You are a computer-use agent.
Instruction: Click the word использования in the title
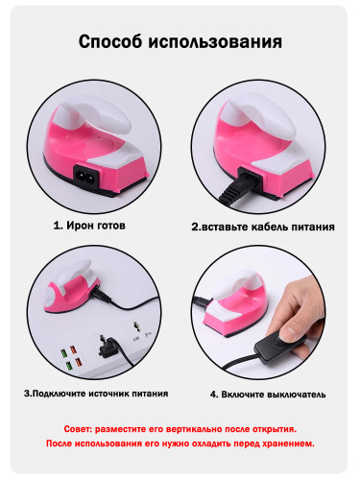coord(215,42)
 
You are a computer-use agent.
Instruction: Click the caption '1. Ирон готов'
coord(89,226)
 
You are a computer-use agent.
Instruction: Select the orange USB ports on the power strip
coord(76,356)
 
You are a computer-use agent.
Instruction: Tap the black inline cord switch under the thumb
coord(279,346)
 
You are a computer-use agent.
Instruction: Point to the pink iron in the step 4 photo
coord(235,304)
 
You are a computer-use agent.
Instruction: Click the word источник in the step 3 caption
coord(108,394)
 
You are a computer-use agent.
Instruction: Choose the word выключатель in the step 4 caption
coord(297,395)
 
